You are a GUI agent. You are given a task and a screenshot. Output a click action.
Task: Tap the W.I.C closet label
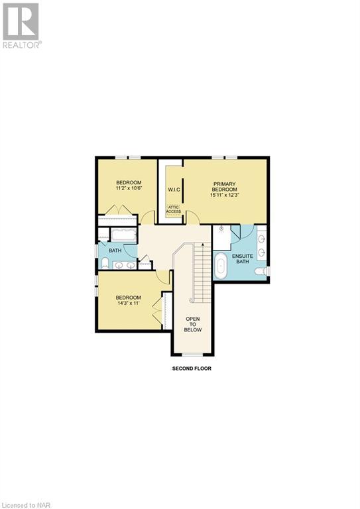[174, 190]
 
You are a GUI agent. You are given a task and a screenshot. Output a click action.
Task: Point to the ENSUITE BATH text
[241, 258]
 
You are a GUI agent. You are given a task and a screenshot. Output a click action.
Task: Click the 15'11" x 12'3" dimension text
[225, 194]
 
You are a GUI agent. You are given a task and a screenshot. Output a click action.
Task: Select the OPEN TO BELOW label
[193, 324]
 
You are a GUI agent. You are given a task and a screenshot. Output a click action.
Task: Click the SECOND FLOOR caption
[192, 368]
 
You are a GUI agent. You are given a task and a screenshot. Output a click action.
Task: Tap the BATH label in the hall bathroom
[115, 251]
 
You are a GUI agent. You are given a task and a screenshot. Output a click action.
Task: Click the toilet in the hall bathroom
[104, 264]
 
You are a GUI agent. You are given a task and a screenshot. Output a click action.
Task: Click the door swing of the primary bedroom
[192, 218]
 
